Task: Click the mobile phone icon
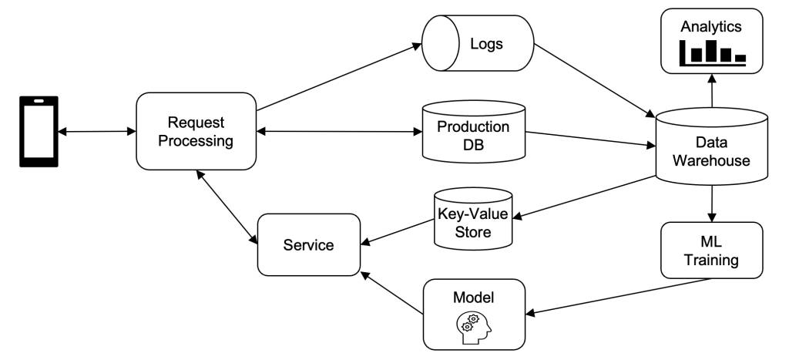[39, 131]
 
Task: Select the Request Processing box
[196, 131]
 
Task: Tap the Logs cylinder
[478, 43]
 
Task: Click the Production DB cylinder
[473, 131]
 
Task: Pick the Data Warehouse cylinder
[711, 146]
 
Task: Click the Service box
[309, 244]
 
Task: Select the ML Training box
[711, 251]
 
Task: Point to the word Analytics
[711, 27]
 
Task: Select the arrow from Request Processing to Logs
[339, 76]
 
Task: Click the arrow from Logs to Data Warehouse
[594, 81]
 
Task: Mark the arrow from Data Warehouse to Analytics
[712, 91]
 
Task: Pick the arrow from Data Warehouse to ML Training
[711, 204]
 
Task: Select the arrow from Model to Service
[392, 293]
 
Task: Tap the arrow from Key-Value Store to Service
[398, 232]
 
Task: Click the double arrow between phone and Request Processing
[97, 132]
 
